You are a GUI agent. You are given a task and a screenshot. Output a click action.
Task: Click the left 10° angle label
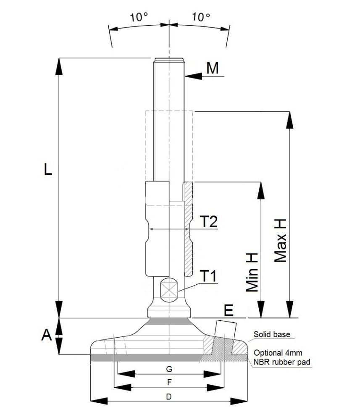139,18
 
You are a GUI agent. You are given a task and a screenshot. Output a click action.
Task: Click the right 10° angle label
201,18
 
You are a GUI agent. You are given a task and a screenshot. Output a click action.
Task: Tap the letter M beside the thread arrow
213,68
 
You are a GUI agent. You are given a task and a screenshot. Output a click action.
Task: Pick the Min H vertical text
252,273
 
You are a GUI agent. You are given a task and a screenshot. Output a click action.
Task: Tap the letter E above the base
229,310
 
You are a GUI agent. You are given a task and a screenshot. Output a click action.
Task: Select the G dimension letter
169,369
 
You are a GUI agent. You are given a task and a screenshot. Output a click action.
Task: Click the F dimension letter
169,383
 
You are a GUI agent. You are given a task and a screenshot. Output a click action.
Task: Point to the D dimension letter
169,396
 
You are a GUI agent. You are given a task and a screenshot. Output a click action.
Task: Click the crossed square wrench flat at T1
169,290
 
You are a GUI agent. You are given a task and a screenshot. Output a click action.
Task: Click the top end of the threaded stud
169,60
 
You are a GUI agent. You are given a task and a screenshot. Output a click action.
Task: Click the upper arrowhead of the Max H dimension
289,120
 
